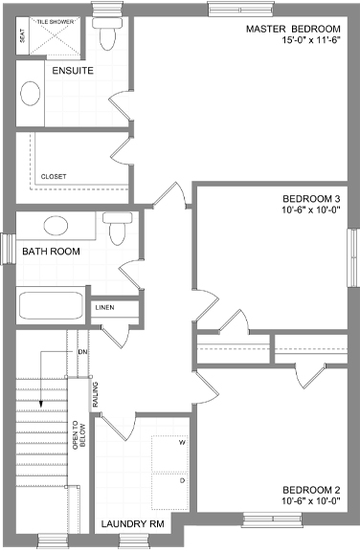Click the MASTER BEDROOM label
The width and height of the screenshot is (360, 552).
point(293,29)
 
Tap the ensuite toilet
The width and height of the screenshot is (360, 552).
point(108,33)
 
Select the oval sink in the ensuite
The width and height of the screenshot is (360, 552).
point(30,94)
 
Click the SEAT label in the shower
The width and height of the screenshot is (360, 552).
point(23,35)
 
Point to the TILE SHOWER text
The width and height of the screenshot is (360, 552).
point(56,22)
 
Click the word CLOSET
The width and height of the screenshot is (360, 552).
point(54,176)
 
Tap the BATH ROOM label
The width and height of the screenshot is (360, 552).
point(51,252)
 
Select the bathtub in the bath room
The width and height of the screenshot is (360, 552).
point(51,305)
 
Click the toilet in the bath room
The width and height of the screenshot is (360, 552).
point(118,229)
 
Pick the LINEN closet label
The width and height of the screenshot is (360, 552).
point(104,307)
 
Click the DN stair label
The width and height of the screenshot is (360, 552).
point(82,352)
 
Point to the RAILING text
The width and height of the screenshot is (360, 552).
point(95,395)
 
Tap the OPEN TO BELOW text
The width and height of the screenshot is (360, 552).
point(79,435)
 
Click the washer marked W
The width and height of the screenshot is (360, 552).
point(169,453)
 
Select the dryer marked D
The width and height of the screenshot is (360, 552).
point(169,492)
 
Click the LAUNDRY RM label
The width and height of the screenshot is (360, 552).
point(133,524)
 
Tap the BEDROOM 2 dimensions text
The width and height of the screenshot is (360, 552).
point(311,501)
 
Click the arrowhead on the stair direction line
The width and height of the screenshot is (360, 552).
point(40,404)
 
